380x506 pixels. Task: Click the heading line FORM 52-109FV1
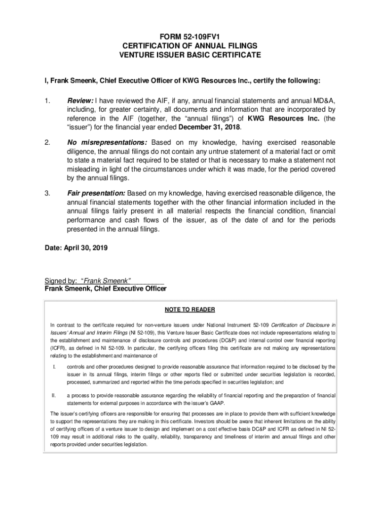coord(190,37)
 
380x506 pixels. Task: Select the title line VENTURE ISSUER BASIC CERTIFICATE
coord(190,55)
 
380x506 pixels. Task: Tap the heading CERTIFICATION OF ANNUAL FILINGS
coord(190,46)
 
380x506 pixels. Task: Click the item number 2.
coord(47,142)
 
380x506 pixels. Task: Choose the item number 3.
coord(47,193)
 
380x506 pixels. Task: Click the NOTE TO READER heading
coord(190,310)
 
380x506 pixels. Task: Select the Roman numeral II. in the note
coord(54,395)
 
